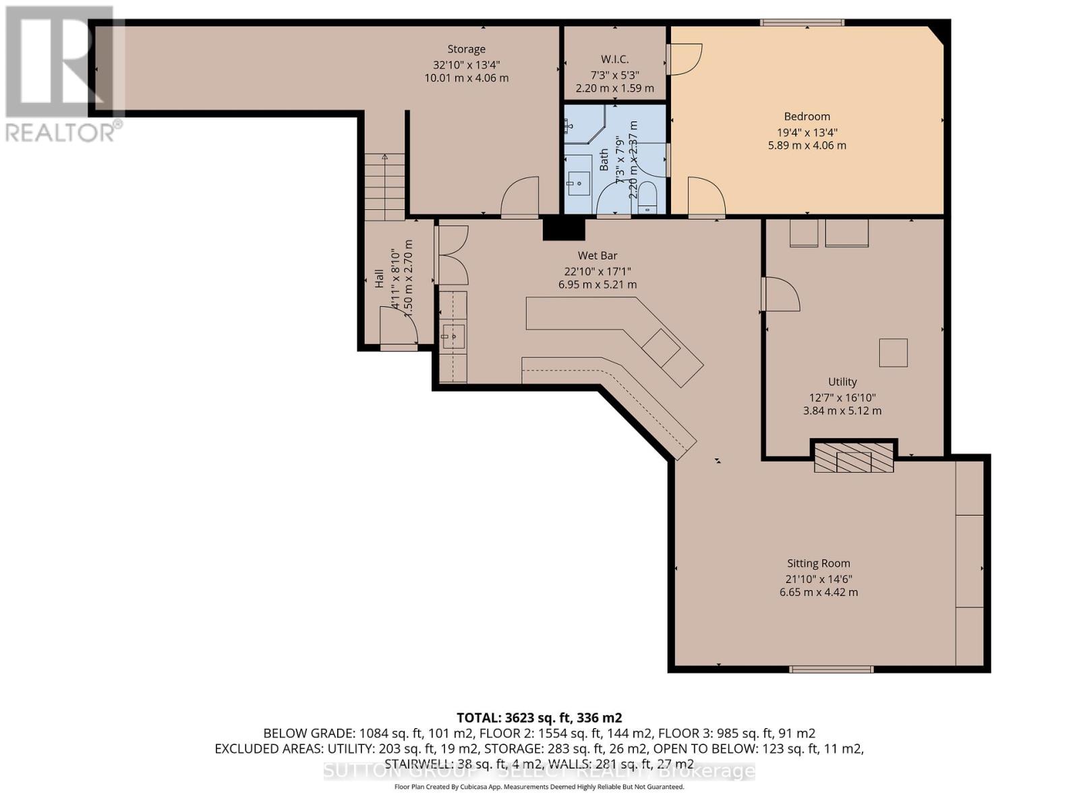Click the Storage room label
pos(466,49)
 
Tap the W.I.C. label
pos(614,59)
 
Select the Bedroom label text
pos(807,117)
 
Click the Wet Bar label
pos(597,256)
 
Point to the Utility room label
pos(842,382)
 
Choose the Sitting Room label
pos(818,564)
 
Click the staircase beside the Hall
pos(385,187)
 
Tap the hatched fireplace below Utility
pos(854,458)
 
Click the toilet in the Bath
pos(647,196)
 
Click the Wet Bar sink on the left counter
pos(453,335)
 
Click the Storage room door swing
pos(520,197)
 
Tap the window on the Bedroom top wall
pos(802,22)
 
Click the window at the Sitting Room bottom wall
pos(831,669)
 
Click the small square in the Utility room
pos(893,353)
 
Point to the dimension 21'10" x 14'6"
pos(818,578)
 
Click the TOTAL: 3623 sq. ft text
pos(539,717)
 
